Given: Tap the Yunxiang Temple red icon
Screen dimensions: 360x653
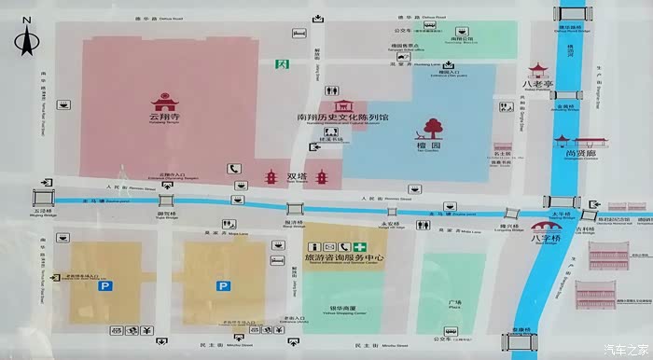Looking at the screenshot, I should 163,99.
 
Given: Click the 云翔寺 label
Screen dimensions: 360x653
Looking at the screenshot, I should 163,118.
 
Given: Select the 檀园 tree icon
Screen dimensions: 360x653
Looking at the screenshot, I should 431,128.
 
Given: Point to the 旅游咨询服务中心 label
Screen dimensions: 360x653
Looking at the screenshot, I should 331,257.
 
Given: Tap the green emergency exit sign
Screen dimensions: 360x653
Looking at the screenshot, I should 281,64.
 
